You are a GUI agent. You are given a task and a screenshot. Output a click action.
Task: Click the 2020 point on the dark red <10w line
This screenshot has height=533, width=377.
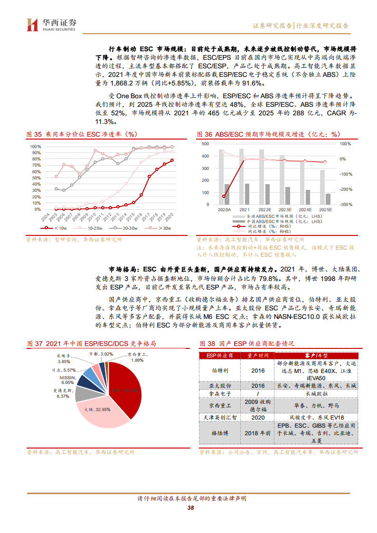[172, 160]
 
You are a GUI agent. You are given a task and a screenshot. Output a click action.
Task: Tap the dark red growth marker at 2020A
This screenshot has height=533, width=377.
[224, 196]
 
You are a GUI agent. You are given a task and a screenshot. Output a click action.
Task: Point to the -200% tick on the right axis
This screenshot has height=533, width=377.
[346, 189]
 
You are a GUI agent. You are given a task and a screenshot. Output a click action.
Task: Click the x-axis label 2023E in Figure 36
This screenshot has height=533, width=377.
[285, 209]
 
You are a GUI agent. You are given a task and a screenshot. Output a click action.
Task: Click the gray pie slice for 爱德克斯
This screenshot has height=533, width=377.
[86, 394]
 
